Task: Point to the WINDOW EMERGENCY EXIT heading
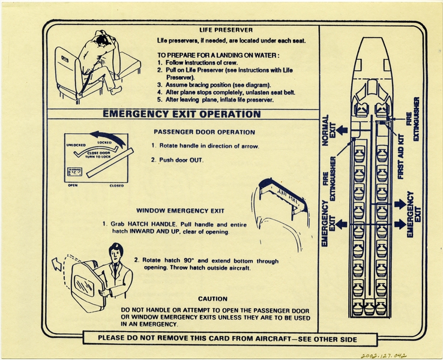coord(180,211)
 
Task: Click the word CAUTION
coord(212,298)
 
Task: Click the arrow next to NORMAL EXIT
coord(342,130)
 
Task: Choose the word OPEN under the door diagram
coord(73,185)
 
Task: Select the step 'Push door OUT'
coord(178,160)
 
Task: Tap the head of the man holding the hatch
coord(115,251)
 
